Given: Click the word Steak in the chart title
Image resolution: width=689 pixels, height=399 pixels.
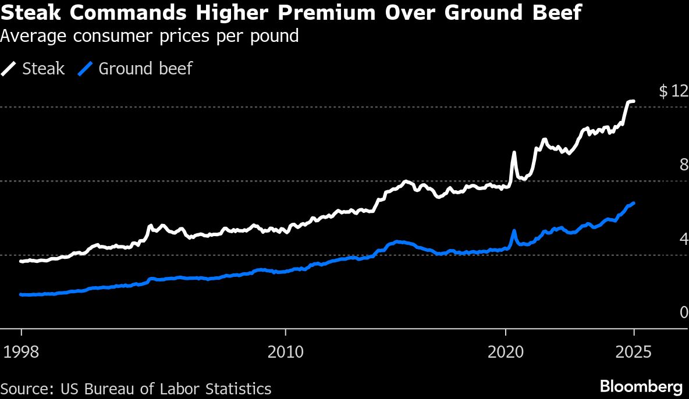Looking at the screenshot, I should pyautogui.click(x=30, y=12).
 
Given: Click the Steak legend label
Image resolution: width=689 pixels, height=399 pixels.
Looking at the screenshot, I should pyautogui.click(x=43, y=69).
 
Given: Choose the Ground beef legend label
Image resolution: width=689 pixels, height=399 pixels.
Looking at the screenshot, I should pyautogui.click(x=145, y=69).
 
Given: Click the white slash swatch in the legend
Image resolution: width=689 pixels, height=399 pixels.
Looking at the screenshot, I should pyautogui.click(x=10, y=69).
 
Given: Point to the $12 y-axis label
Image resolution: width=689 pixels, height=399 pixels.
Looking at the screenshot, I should pyautogui.click(x=673, y=91).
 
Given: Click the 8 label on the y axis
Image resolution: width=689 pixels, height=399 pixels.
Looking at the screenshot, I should pyautogui.click(x=684, y=165).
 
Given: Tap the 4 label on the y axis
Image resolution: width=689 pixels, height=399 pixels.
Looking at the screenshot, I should pyautogui.click(x=684, y=239).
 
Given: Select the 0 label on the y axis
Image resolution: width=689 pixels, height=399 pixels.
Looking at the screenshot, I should pyautogui.click(x=684, y=313).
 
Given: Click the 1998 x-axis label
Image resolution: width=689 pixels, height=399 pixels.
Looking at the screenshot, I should pyautogui.click(x=21, y=352).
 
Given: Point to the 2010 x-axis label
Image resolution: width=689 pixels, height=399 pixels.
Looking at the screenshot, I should pyautogui.click(x=285, y=352).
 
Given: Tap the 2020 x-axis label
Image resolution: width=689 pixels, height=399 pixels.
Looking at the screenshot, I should pyautogui.click(x=506, y=352).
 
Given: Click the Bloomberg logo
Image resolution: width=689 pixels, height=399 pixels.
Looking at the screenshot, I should pyautogui.click(x=641, y=386).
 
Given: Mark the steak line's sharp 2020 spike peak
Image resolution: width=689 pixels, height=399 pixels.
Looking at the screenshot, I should pyautogui.click(x=514, y=152).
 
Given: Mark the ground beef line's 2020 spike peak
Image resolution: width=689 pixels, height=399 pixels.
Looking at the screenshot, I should pyautogui.click(x=514, y=231).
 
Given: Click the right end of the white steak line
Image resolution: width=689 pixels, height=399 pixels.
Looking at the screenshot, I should pyautogui.click(x=634, y=101).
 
